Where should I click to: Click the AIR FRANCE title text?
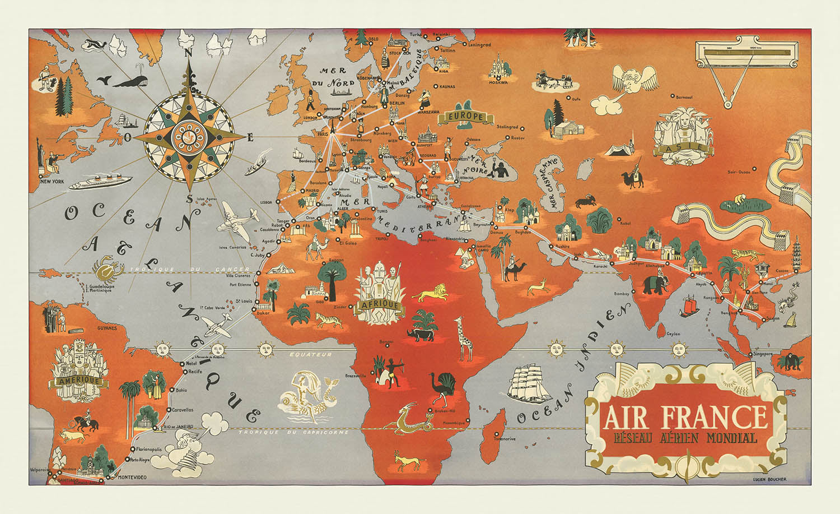point(685,416)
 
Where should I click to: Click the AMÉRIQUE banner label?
point(77,381)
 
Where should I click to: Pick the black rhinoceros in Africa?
point(421,335)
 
